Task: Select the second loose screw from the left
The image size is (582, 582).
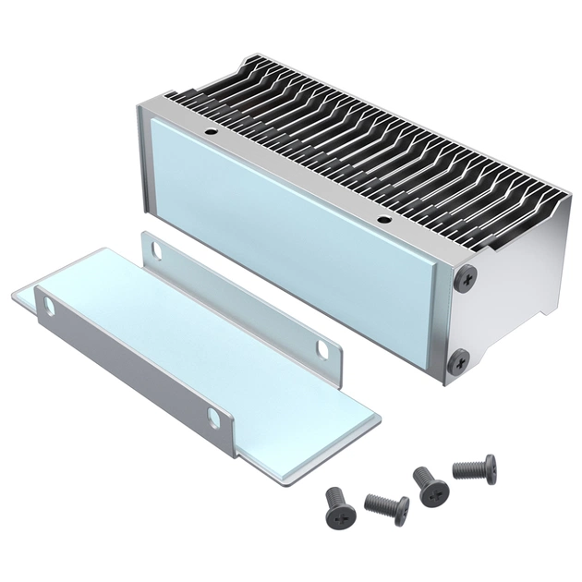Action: (388, 506)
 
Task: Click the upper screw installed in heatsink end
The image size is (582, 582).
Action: (469, 275)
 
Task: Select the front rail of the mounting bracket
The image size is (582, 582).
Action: (129, 370)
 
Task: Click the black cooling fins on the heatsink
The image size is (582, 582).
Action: (370, 139)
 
